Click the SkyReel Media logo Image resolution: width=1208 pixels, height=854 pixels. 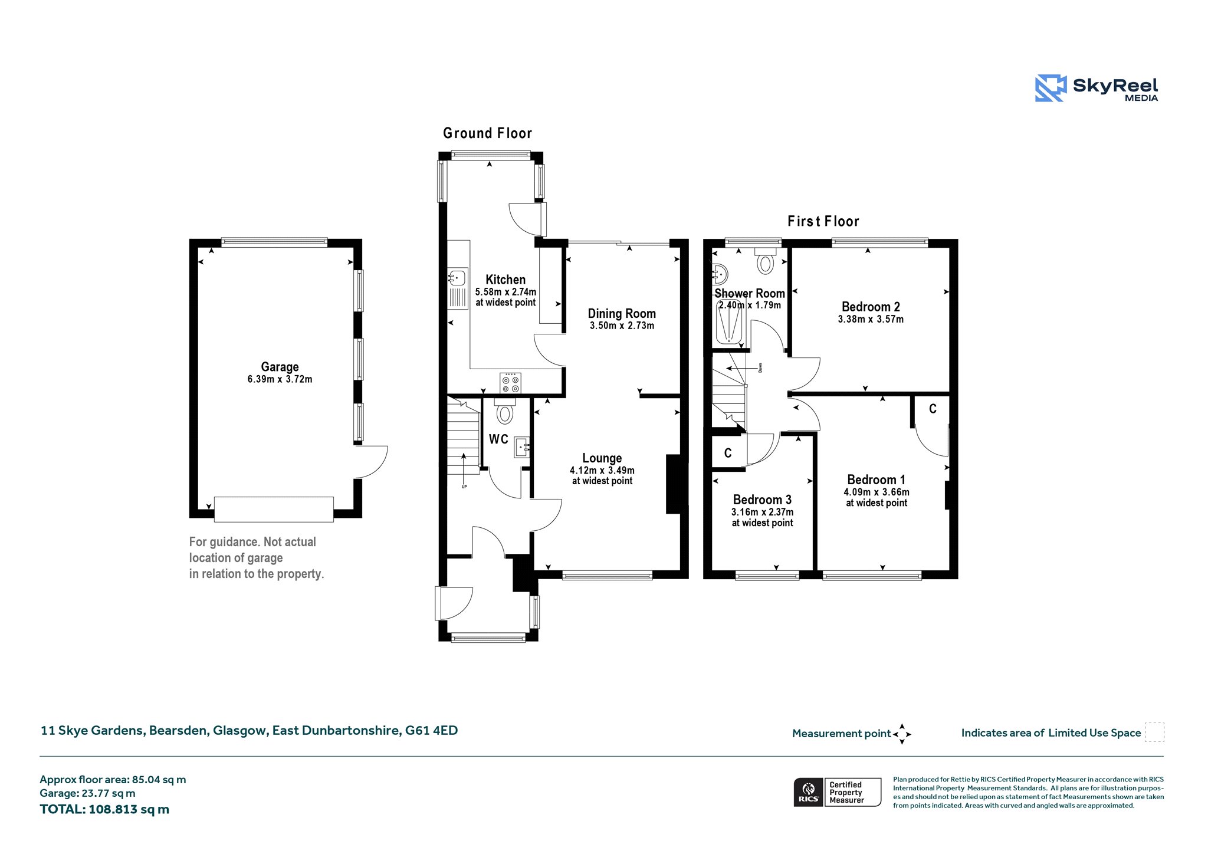click(1097, 88)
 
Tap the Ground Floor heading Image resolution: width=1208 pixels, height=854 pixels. click(488, 133)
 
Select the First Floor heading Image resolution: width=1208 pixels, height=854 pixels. click(823, 221)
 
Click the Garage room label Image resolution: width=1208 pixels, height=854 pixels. click(280, 367)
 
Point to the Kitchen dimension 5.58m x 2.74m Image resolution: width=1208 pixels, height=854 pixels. click(505, 292)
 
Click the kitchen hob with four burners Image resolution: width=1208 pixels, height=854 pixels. click(510, 383)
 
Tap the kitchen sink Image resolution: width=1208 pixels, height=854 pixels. click(458, 288)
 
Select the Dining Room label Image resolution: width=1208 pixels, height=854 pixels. click(622, 314)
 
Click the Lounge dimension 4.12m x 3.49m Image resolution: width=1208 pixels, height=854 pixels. click(602, 471)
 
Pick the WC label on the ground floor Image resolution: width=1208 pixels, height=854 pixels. click(498, 439)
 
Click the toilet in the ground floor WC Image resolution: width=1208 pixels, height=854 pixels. click(505, 411)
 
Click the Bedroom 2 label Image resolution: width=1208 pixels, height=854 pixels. click(871, 307)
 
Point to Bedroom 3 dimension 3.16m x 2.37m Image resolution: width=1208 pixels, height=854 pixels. click(762, 513)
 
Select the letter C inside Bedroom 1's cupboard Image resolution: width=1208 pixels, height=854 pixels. click(933, 409)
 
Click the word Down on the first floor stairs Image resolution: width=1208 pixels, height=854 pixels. click(760, 367)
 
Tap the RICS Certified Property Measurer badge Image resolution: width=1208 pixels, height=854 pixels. click(837, 792)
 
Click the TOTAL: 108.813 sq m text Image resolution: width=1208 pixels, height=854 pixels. click(104, 809)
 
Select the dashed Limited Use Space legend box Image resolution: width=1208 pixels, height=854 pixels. click(1154, 733)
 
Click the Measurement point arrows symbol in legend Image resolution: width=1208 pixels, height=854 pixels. click(902, 734)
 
